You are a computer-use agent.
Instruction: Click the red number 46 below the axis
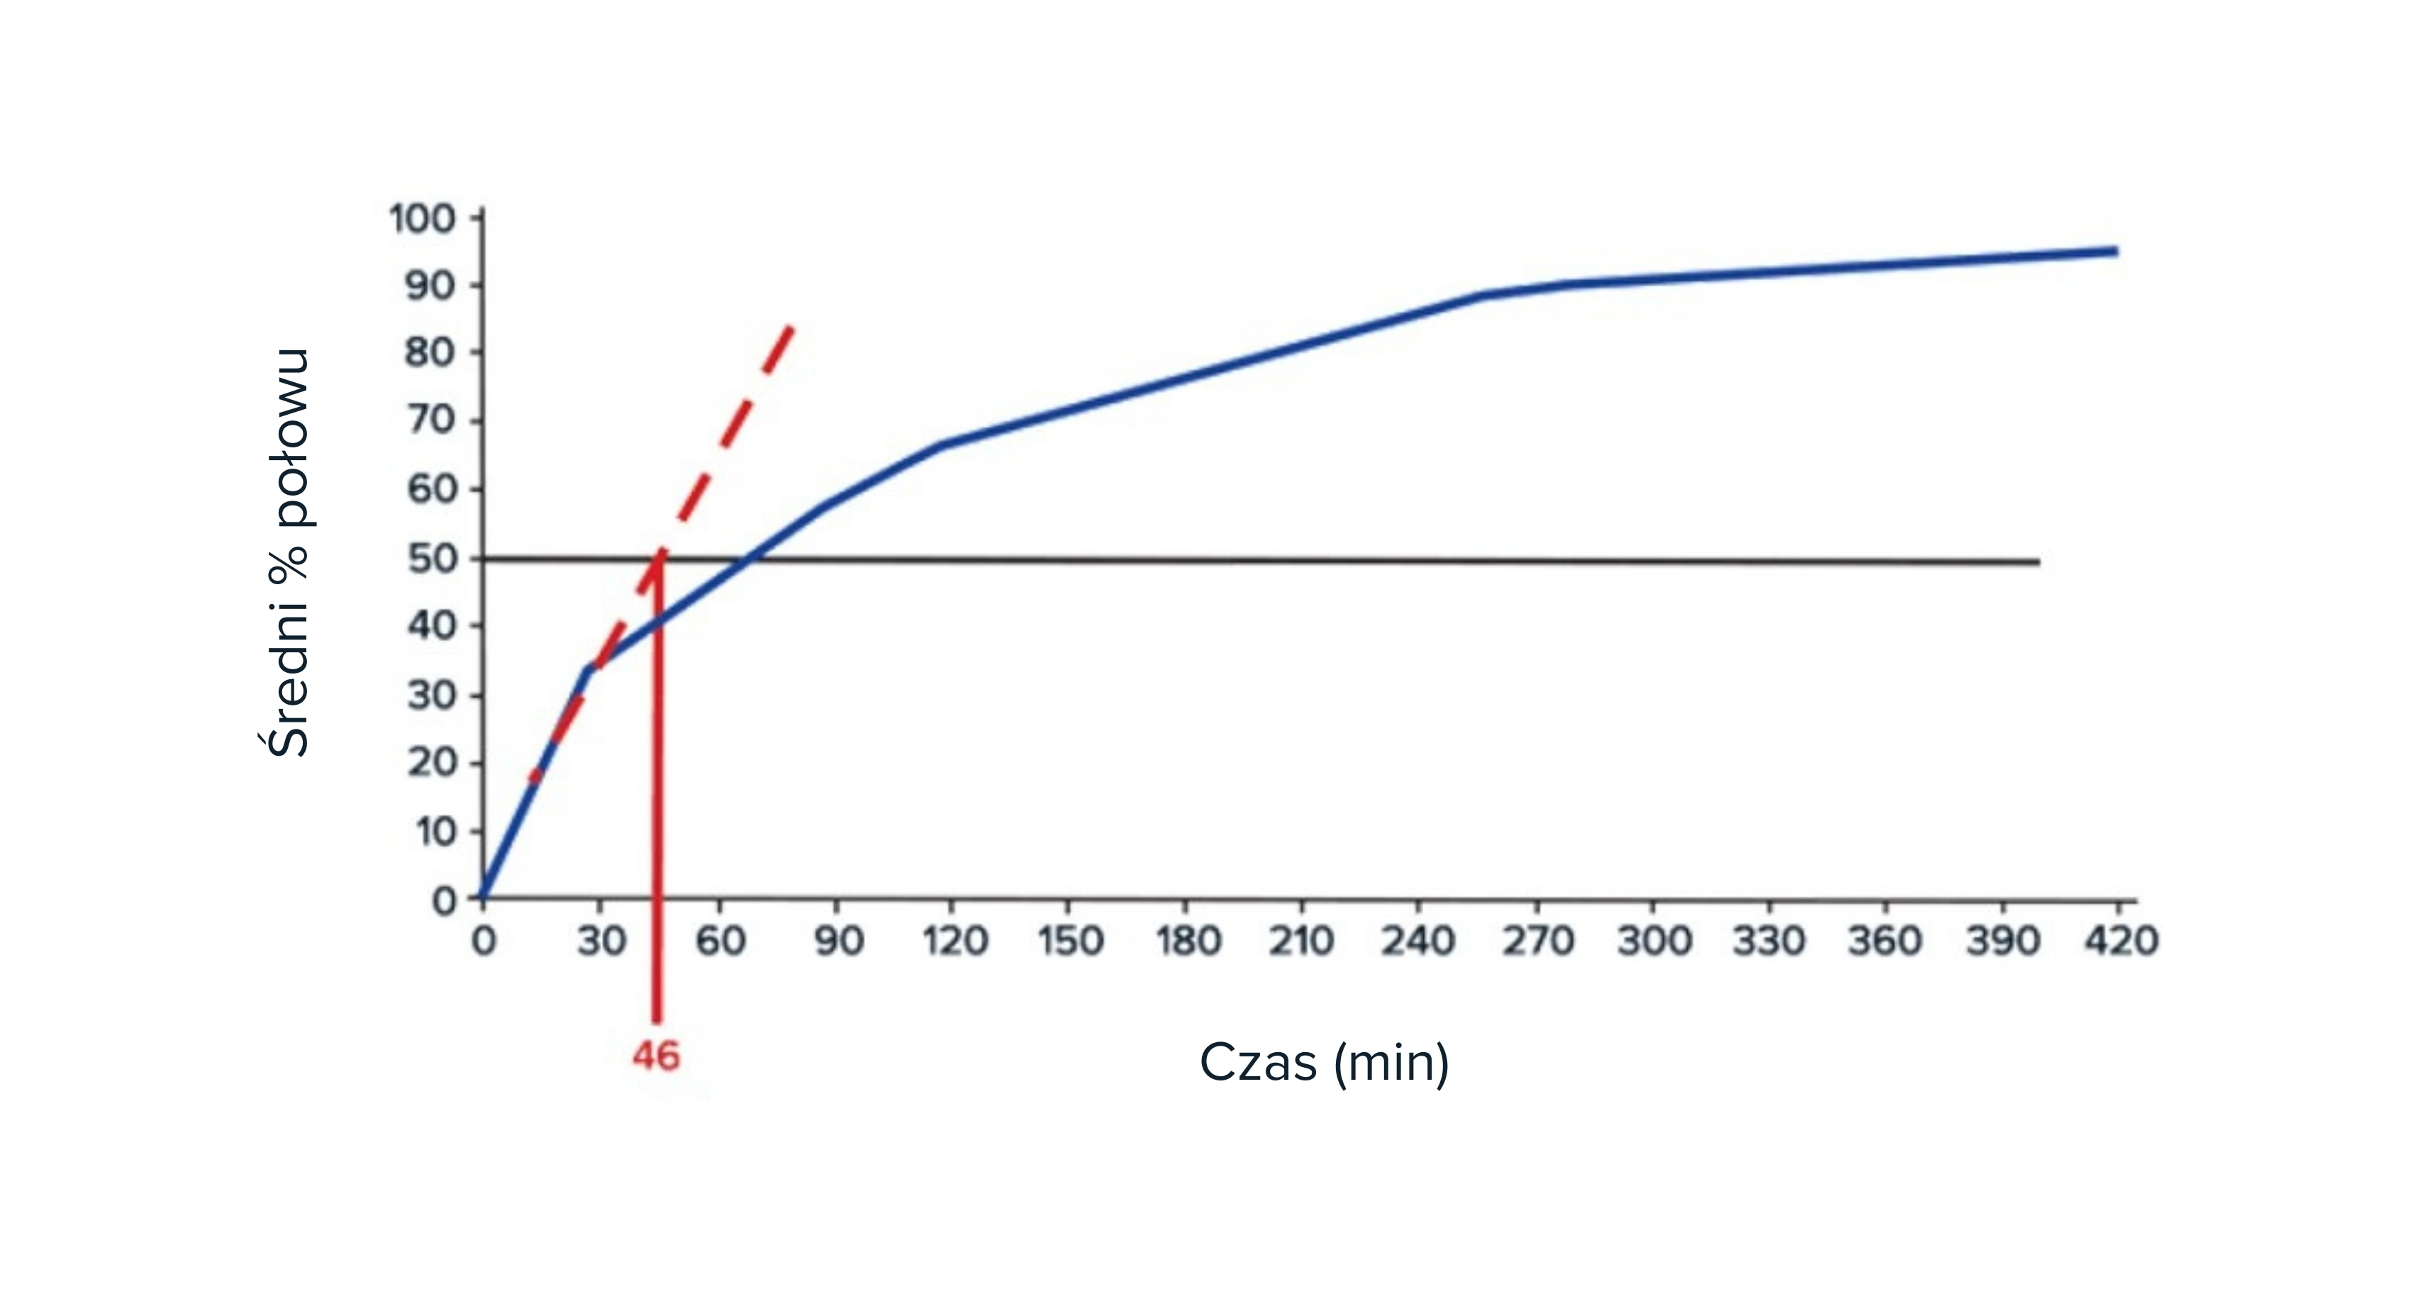[x=656, y=1056]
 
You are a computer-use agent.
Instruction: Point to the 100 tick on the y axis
[x=423, y=218]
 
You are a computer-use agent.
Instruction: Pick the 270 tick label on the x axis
[x=1538, y=941]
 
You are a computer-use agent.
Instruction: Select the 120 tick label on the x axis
[x=954, y=941]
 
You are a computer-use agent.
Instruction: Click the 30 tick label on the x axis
[x=601, y=941]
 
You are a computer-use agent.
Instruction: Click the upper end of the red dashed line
[x=792, y=326]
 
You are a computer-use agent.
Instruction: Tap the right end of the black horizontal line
[x=2039, y=562]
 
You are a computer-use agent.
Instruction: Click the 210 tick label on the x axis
[x=1302, y=941]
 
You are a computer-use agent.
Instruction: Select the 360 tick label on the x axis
[x=1885, y=941]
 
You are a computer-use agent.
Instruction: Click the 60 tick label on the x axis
[x=721, y=941]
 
